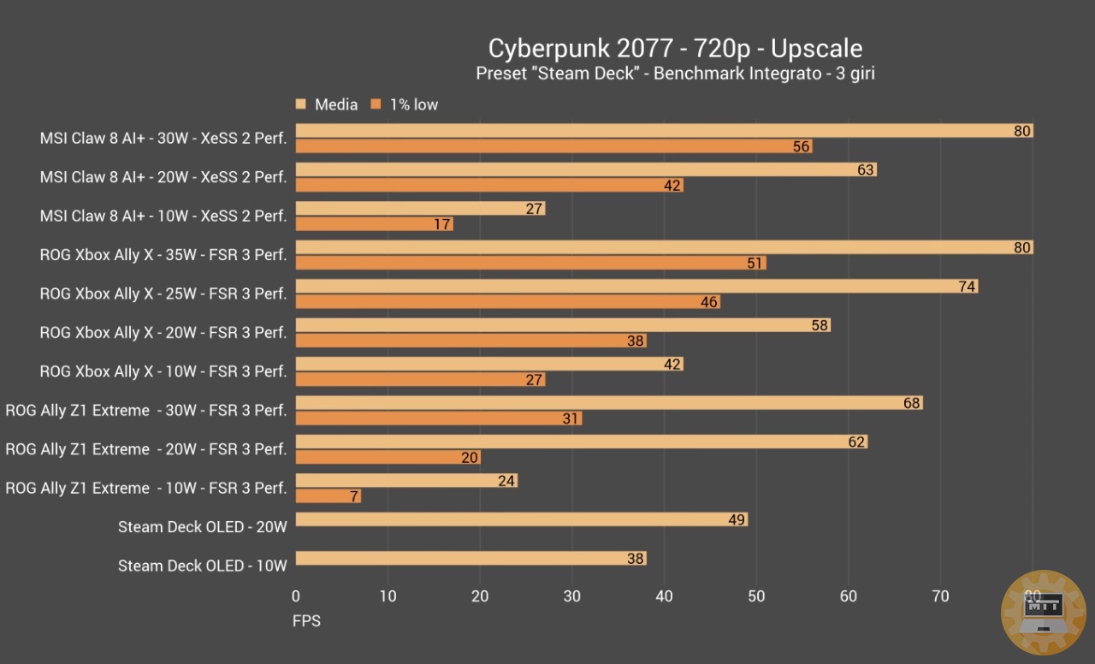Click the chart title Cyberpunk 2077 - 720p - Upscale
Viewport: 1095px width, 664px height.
click(x=675, y=48)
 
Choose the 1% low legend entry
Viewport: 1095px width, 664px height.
click(x=413, y=104)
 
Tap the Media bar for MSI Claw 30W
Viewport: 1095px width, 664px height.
click(x=664, y=131)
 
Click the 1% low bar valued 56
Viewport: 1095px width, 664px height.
click(x=553, y=146)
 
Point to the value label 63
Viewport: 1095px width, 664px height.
click(x=866, y=169)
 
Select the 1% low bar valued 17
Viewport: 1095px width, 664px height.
click(x=374, y=224)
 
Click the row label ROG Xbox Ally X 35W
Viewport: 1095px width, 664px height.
click(x=163, y=254)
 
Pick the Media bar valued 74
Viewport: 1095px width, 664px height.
click(x=636, y=287)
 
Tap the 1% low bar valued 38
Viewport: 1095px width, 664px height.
click(x=471, y=341)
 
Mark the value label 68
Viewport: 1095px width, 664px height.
click(x=912, y=403)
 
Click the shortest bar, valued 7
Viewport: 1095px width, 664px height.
click(x=328, y=496)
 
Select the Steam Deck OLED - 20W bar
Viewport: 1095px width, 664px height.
click(x=521, y=519)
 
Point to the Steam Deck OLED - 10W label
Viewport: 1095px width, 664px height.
click(x=202, y=566)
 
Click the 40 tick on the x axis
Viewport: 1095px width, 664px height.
click(x=664, y=596)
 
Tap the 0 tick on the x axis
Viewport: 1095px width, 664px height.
click(x=296, y=596)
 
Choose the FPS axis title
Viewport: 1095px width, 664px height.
click(x=306, y=620)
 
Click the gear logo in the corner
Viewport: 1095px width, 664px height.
click(x=1043, y=613)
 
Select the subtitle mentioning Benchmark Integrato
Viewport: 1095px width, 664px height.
click(x=675, y=74)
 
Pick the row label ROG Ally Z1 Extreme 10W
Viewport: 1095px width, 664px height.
click(x=146, y=488)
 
